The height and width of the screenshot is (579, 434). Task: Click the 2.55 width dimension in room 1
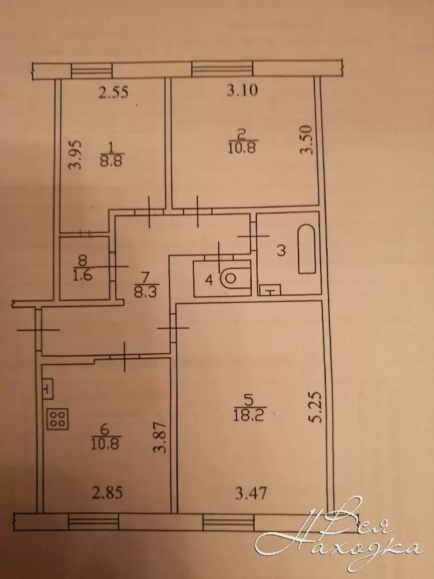pos(113,92)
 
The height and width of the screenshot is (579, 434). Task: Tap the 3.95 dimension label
pos(75,154)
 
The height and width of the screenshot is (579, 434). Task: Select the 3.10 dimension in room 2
pos(242,90)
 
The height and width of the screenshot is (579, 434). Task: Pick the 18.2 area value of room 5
pos(250,416)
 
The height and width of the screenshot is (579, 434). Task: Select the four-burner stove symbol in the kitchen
pos(57,419)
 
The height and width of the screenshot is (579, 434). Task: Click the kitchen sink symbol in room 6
pos(47,389)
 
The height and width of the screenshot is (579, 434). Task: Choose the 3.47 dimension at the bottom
pos(251,493)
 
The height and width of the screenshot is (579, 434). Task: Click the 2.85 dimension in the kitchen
pos(107,493)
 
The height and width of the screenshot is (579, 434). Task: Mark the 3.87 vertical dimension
pos(161,438)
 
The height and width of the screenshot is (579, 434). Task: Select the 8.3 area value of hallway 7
pos(147,292)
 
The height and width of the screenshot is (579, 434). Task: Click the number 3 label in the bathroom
pos(281,251)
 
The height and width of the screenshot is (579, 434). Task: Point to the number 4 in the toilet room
pos(209,281)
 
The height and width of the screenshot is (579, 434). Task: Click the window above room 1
pos(91,71)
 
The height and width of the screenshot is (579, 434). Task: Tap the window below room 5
pos(229,522)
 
